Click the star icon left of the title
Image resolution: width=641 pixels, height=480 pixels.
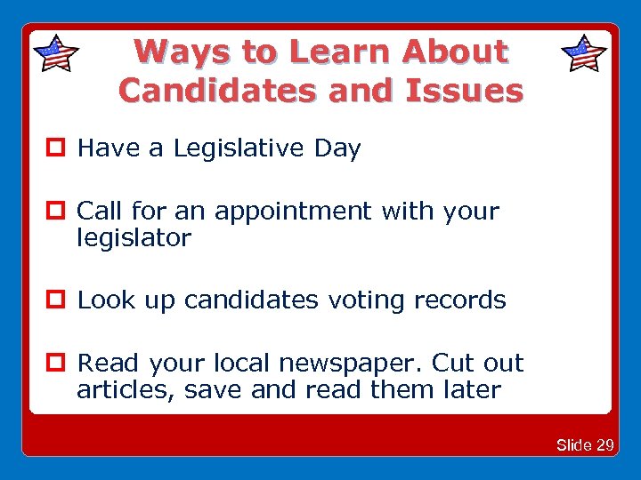pos(55,53)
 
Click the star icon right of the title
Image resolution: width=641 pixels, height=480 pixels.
pos(585,53)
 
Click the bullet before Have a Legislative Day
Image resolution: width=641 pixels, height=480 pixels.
pos(61,148)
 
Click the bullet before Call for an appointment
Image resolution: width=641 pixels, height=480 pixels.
pos(61,212)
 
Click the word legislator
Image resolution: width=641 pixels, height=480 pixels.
pos(134,238)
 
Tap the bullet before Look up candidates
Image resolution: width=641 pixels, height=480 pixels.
pos(61,300)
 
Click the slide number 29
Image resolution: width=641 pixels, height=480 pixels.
pos(604,444)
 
